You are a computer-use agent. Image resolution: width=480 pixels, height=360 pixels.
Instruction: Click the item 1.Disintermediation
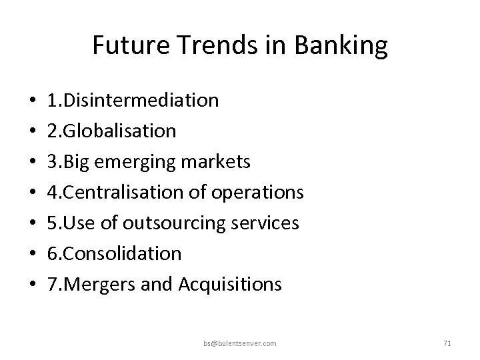(133, 100)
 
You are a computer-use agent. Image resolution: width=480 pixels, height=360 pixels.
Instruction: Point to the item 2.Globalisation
(112, 131)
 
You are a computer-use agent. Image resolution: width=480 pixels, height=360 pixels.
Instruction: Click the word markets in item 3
(219, 162)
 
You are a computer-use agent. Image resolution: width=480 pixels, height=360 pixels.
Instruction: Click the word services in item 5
(266, 223)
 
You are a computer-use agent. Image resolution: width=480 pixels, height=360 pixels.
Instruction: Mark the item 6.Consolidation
(115, 253)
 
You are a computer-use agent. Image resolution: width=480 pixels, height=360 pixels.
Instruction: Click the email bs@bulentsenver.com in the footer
(241, 343)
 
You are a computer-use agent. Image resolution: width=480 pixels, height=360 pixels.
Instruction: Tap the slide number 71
(447, 343)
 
